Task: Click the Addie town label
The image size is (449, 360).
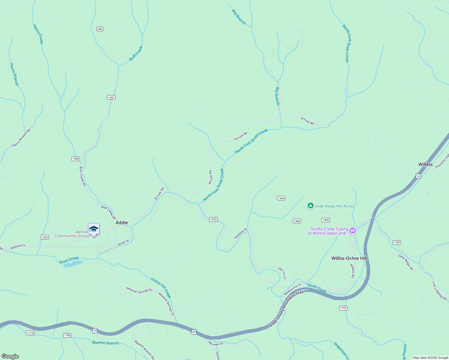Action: tap(122, 223)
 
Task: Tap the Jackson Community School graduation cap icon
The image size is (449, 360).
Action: tap(94, 229)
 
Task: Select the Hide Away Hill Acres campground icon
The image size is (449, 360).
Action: tap(311, 206)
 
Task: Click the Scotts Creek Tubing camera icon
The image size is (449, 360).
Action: tap(353, 231)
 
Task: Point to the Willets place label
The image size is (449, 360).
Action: tap(426, 164)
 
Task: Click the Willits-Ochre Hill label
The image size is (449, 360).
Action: tap(349, 258)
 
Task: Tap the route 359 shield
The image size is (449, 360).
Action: tap(100, 29)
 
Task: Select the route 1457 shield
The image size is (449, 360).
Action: tap(111, 97)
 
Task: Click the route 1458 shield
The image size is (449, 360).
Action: tap(76, 159)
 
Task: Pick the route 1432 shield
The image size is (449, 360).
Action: tap(213, 219)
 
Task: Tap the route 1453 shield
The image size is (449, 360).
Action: tap(45, 237)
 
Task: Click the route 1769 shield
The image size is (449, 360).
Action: tap(397, 242)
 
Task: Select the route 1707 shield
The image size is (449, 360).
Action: tap(343, 308)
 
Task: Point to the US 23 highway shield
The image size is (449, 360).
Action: tap(194, 332)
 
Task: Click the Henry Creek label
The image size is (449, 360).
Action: tap(38, 34)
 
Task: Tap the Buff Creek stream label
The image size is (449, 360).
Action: tap(136, 53)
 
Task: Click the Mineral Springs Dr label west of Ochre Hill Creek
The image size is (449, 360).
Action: tap(140, 290)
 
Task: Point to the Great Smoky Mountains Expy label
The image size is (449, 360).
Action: tap(286, 309)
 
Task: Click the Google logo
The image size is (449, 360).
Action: tap(10, 356)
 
